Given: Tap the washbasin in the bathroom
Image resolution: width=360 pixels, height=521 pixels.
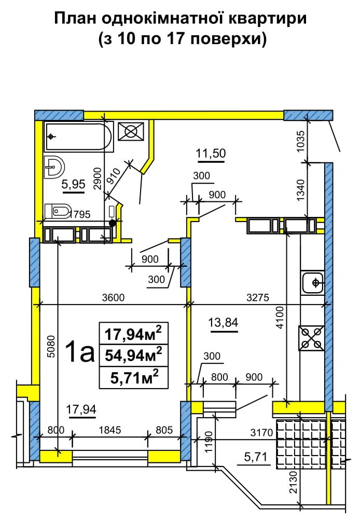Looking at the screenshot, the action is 54,167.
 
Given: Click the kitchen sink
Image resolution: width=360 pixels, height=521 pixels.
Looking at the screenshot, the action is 312,283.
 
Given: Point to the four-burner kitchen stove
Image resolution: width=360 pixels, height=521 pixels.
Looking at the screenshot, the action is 311,338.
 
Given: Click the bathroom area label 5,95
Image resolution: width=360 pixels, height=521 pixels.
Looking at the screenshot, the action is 74,185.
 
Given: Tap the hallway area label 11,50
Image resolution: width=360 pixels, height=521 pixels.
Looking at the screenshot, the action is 211,154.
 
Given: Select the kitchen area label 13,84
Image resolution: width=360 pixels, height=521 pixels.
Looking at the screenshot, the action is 223,322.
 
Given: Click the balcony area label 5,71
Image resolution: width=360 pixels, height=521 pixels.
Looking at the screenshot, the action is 256,458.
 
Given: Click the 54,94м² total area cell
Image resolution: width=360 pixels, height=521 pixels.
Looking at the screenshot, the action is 133,355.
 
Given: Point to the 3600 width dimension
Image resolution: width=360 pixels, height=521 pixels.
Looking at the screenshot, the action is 113,298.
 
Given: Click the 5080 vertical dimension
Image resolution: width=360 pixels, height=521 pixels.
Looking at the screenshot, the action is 51,347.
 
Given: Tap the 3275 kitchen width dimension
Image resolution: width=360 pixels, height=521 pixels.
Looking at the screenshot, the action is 258,298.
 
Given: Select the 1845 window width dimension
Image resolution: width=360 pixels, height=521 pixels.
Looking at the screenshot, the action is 110,431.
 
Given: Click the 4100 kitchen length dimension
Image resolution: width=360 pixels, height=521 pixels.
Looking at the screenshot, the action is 281,318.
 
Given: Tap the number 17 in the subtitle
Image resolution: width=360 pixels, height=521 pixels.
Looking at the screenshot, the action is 175,39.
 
